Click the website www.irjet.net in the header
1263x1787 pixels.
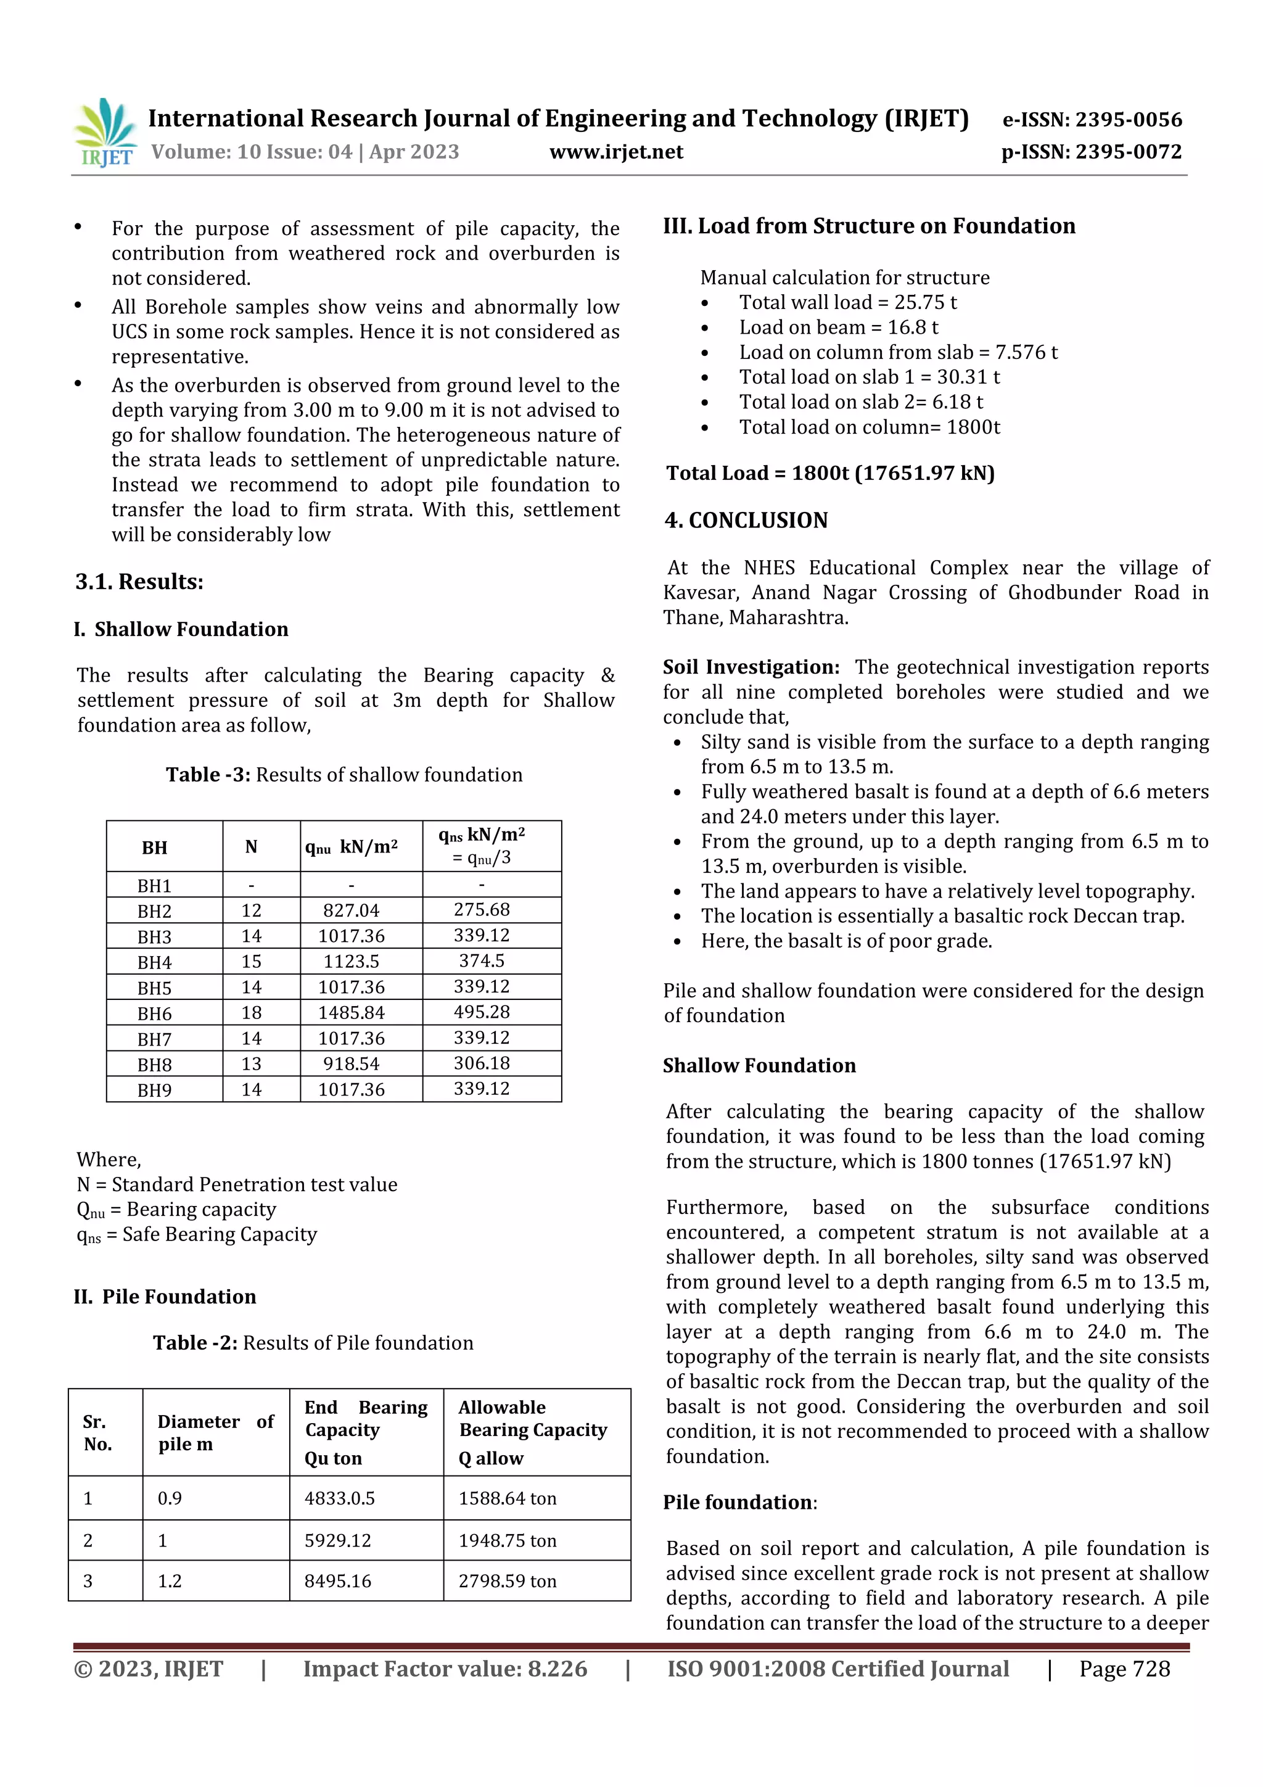click(615, 152)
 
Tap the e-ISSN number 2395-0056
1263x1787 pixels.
click(1092, 119)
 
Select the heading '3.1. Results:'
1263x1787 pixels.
click(139, 582)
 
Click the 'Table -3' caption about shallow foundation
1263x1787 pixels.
click(344, 774)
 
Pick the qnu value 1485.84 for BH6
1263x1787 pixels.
click(351, 1013)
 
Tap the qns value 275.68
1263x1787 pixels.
click(482, 910)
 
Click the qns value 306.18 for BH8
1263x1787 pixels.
click(482, 1063)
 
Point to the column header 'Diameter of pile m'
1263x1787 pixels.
click(215, 1432)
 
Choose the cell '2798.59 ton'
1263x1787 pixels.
click(508, 1581)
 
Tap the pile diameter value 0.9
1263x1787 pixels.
click(170, 1498)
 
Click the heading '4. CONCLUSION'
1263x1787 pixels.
click(746, 520)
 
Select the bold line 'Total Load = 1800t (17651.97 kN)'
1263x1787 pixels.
click(830, 473)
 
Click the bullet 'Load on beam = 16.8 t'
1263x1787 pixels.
click(838, 328)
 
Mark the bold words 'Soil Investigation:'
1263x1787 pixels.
click(751, 667)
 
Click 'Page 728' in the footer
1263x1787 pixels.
click(1124, 1669)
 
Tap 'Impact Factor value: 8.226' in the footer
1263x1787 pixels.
click(445, 1669)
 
